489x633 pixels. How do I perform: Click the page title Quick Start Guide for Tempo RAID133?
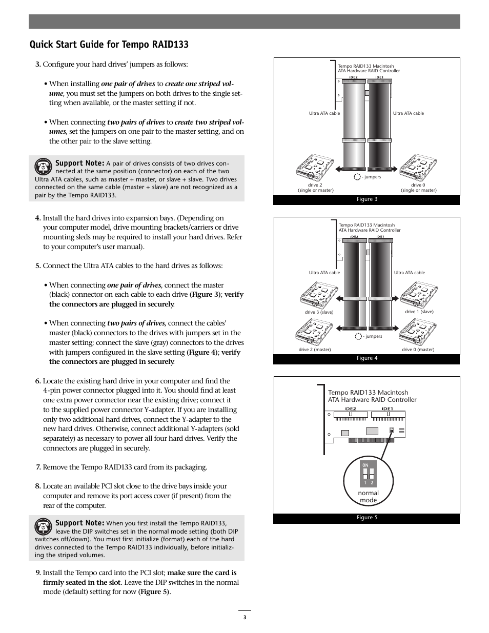[109, 45]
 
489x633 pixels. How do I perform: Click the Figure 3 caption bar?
[366, 199]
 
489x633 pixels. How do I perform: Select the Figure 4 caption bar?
[366, 358]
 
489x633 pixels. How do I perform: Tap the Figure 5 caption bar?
[366, 518]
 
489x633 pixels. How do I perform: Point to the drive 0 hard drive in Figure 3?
[418, 167]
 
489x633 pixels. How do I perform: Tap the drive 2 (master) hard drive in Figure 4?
[314, 332]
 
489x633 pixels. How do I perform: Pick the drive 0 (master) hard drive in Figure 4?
[418, 332]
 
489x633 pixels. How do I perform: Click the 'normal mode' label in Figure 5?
[368, 497]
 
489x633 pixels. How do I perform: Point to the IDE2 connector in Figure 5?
[351, 414]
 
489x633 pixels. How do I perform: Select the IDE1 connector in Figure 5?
[388, 414]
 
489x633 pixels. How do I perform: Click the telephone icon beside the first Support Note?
[44, 167]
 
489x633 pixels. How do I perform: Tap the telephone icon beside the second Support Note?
[44, 527]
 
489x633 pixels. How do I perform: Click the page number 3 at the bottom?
[244, 618]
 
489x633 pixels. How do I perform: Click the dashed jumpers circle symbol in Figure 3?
[357, 177]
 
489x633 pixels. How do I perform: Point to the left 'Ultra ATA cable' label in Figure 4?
[324, 273]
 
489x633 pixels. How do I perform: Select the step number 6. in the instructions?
[38, 381]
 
